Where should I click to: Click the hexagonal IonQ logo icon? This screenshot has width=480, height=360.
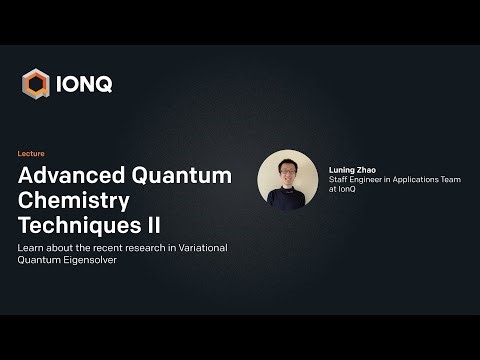[x=36, y=83]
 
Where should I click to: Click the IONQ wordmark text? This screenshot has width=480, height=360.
[x=83, y=83]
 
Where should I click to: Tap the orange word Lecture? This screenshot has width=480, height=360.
[x=32, y=154]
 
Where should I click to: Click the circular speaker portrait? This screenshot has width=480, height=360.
[x=287, y=180]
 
